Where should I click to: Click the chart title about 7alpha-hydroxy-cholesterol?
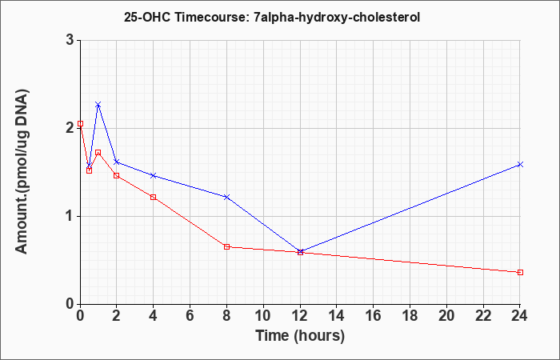click(x=272, y=17)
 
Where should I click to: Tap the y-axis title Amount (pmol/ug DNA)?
click(x=22, y=171)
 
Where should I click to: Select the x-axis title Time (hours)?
click(x=300, y=336)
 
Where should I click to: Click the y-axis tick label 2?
click(x=70, y=128)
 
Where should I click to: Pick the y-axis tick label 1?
click(x=70, y=216)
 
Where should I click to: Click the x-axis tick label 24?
click(x=520, y=316)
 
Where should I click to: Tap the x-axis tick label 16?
click(x=374, y=316)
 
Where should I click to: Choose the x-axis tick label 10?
click(x=263, y=316)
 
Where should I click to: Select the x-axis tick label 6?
click(x=190, y=316)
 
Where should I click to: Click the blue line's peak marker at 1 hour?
click(x=98, y=105)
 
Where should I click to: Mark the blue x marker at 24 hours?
click(x=520, y=164)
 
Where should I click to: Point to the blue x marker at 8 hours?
click(x=226, y=197)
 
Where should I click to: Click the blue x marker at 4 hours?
click(x=154, y=175)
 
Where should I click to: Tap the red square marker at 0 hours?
click(x=80, y=123)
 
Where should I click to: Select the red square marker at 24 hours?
click(x=520, y=272)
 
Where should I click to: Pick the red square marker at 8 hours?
click(x=226, y=246)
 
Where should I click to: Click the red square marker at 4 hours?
click(x=154, y=197)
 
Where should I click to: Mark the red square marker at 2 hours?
click(x=117, y=175)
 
